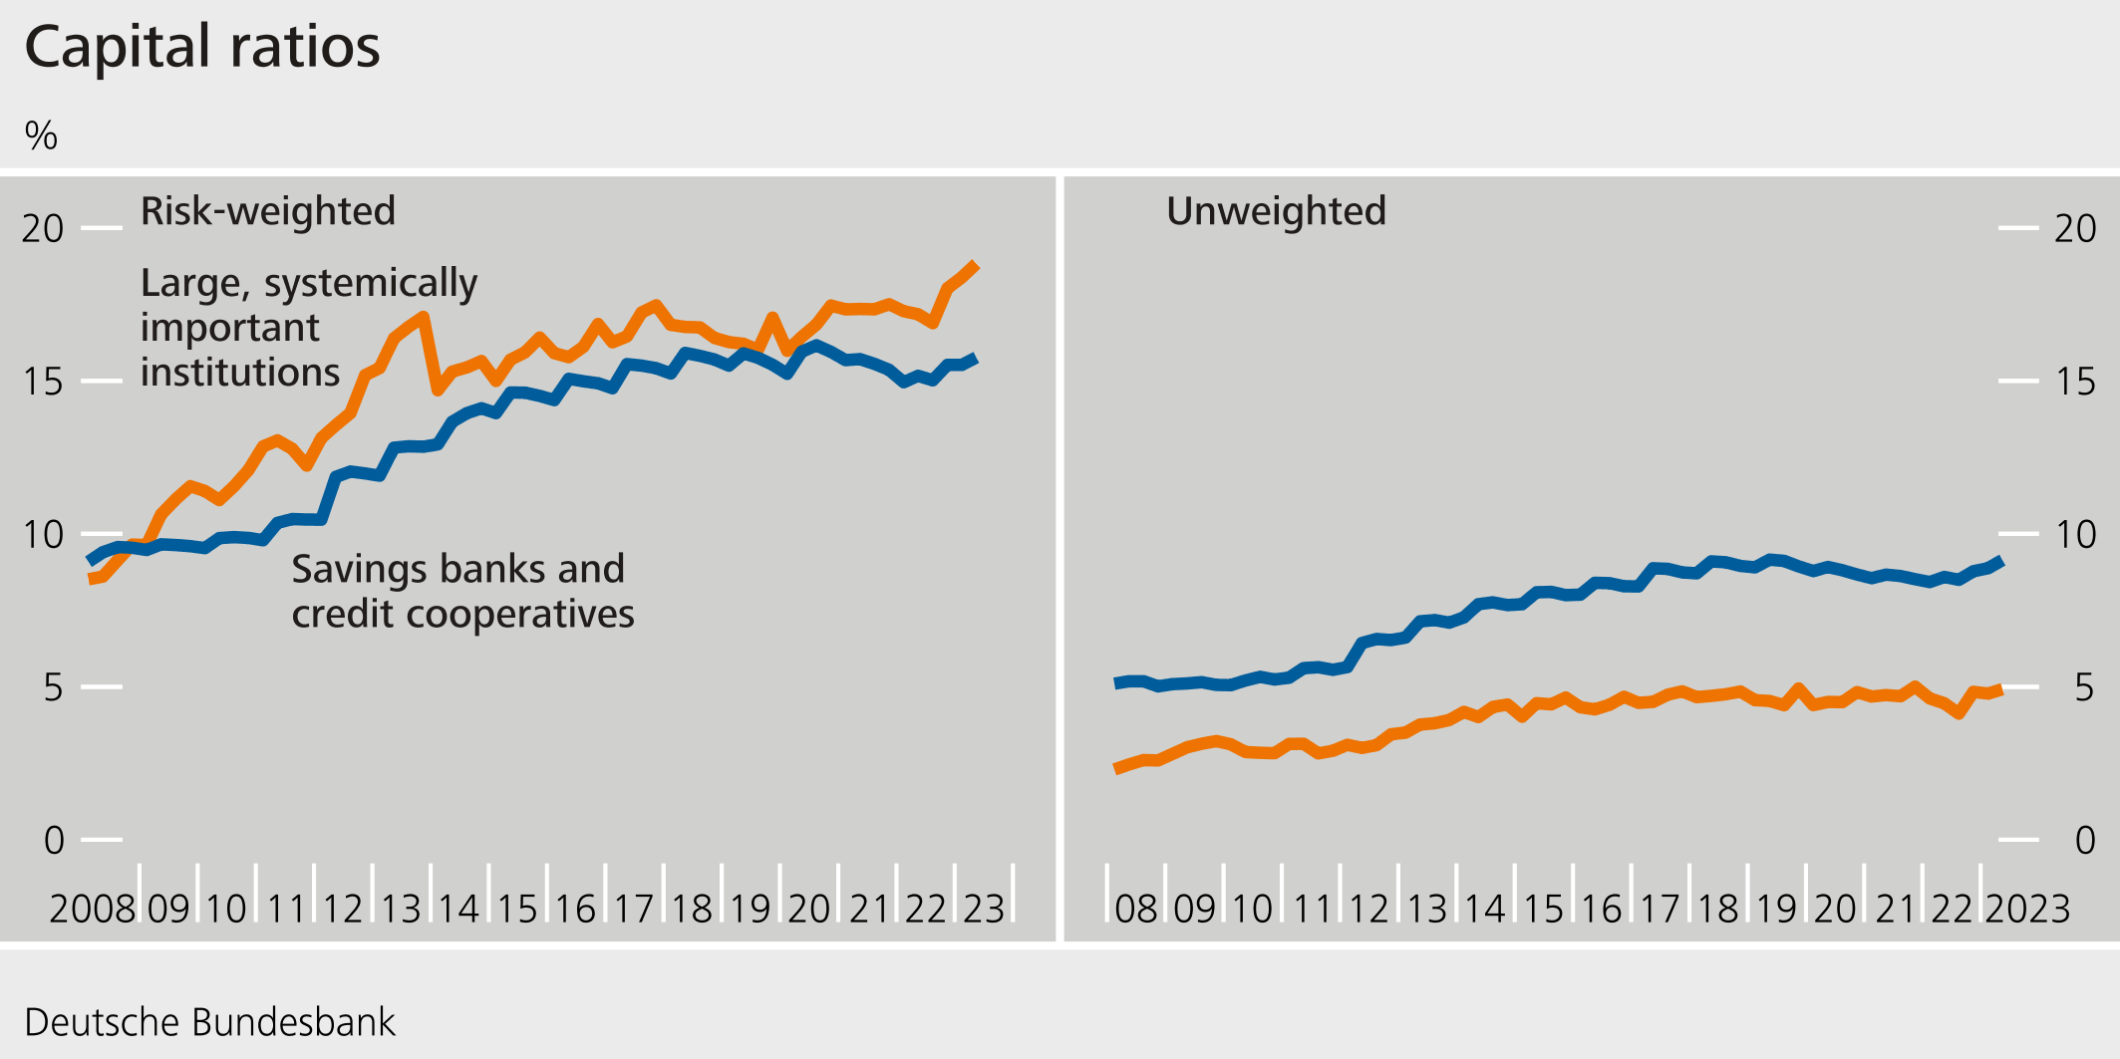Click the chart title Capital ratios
point(202,47)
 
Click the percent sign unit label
point(41,135)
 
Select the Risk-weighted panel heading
point(267,211)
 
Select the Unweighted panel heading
point(1276,211)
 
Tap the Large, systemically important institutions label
point(308,327)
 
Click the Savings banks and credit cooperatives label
point(461,591)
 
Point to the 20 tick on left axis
point(43,229)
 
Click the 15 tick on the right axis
point(2075,382)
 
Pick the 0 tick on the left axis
point(54,841)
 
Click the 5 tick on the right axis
point(2084,687)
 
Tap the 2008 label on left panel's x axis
point(92,909)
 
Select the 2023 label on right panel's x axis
point(2027,909)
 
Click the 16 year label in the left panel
point(575,909)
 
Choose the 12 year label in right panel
point(1368,909)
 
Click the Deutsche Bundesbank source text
point(209,1022)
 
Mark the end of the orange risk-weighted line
point(977,265)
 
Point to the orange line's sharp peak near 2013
point(424,318)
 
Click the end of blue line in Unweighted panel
point(2000,560)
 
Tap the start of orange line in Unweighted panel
point(1115,769)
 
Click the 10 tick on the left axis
point(43,535)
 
